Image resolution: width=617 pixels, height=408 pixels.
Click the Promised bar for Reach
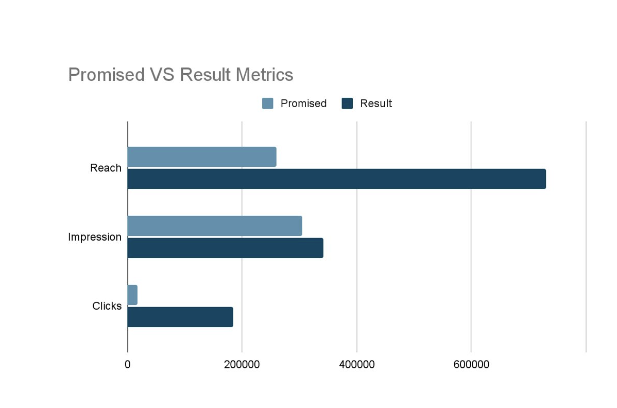coord(201,157)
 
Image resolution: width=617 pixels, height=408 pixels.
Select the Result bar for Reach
coord(336,179)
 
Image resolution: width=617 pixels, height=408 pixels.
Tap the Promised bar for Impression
coord(214,226)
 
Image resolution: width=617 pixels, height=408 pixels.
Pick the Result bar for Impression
coord(225,248)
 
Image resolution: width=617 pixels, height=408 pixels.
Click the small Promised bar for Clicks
coord(132,295)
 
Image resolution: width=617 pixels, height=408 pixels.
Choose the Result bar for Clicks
coord(180,317)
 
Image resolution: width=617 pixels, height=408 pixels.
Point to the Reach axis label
coord(106,168)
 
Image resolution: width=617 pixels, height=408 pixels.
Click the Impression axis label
coord(95,237)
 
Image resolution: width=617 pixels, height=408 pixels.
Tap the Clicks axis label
coord(107,306)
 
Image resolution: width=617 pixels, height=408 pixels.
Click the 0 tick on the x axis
coord(128,364)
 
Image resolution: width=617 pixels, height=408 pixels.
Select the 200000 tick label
coord(242,364)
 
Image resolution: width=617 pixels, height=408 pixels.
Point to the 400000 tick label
coord(357,364)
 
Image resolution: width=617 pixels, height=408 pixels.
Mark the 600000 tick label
coord(471,364)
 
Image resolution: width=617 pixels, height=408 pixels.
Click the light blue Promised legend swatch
coord(267,104)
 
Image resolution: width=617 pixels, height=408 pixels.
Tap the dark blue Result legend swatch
coord(347,104)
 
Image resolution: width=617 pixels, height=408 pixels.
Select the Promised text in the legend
coord(303,104)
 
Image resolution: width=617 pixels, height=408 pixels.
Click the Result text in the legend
coord(376,104)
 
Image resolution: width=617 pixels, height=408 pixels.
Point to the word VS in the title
coord(162,75)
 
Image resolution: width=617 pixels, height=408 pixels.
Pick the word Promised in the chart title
coord(107,75)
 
